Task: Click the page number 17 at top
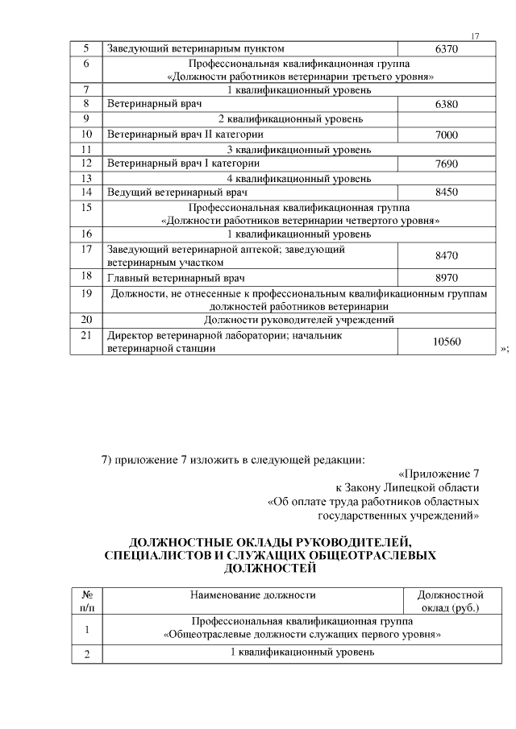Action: pos(475,36)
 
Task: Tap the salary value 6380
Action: pos(446,105)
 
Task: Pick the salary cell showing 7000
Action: pos(446,135)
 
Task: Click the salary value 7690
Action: pos(446,164)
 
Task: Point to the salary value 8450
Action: pos(446,193)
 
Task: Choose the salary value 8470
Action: pos(446,255)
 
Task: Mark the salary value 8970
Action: pos(446,278)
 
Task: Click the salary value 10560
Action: pos(446,342)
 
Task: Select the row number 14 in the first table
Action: pos(86,193)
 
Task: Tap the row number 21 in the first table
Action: pos(86,335)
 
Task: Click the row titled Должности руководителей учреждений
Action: pos(299,320)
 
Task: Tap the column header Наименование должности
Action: pos(252,595)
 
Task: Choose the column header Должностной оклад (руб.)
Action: pos(449,602)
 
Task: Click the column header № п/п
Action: pos(86,602)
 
